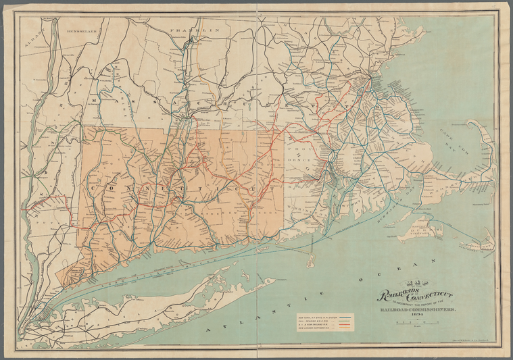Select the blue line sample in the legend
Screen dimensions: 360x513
tap(345, 315)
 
